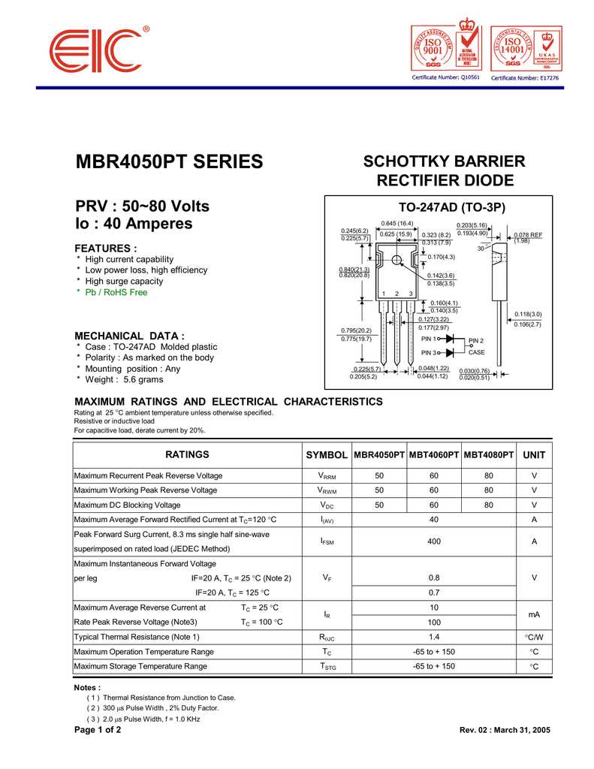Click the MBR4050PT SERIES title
[169, 162]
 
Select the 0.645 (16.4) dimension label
[397, 224]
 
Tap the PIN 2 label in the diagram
[476, 341]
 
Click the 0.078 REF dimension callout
[528, 235]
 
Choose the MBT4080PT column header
[489, 455]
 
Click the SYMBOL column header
[327, 455]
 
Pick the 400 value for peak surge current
[433, 541]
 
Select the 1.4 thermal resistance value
[433, 637]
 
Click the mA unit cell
[534, 614]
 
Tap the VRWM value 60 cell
[433, 490]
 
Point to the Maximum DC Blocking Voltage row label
[127, 505]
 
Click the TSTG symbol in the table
[327, 666]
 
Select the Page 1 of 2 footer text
[98, 730]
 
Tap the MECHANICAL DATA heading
[129, 336]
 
